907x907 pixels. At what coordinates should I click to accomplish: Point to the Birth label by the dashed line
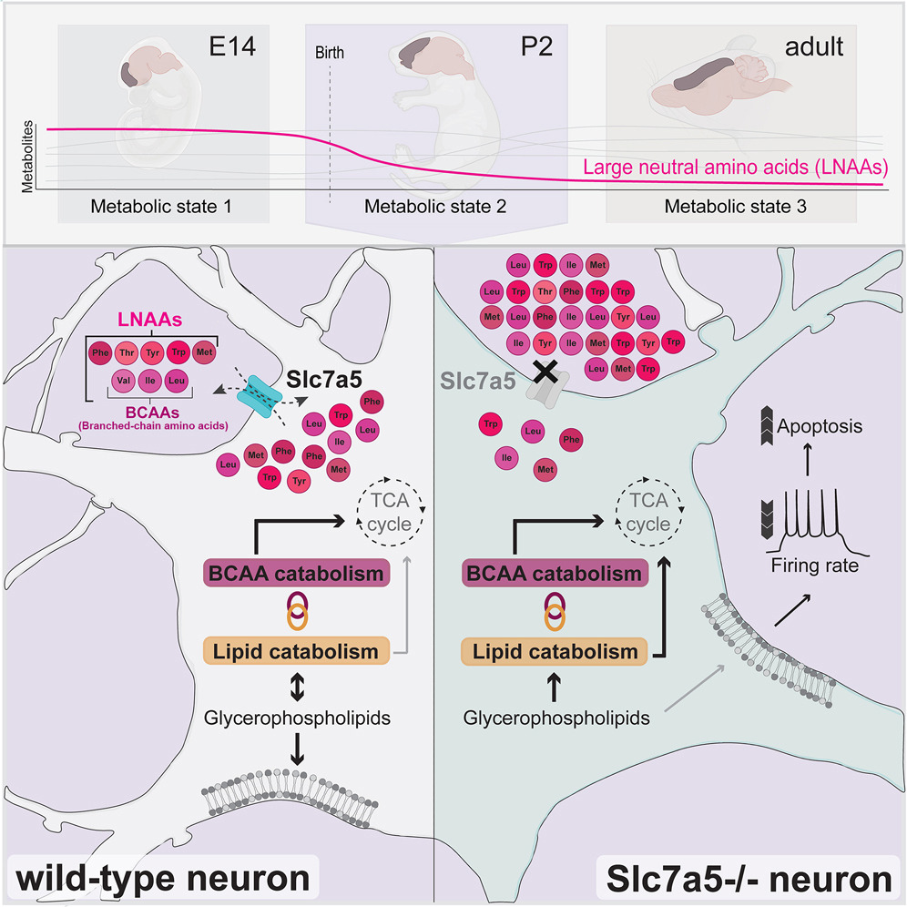pyautogui.click(x=330, y=53)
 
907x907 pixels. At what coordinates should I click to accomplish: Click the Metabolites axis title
pyautogui.click(x=27, y=157)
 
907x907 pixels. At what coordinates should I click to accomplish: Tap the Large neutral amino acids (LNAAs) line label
pyautogui.click(x=736, y=168)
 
